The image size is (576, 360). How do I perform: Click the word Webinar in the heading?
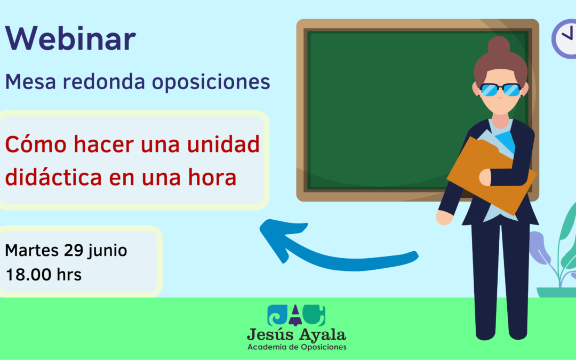coord(70,39)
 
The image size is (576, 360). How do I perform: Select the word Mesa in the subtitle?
coord(28,82)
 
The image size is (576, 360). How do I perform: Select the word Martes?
coord(31,251)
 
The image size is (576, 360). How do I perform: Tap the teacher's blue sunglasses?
coord(500,90)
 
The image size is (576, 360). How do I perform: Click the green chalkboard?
coord(384,107)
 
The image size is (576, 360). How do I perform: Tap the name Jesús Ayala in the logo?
coord(296,335)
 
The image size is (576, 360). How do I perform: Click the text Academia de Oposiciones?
coord(297,347)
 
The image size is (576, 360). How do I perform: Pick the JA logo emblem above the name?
coord(296,315)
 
